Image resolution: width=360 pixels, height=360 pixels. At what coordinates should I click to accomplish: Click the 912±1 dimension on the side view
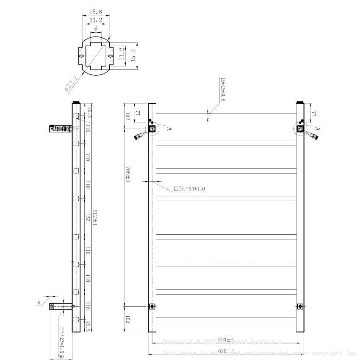[95, 217]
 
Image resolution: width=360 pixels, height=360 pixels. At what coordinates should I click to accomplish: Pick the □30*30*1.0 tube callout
[190, 189]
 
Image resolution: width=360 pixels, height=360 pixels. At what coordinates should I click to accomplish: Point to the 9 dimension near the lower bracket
[39, 302]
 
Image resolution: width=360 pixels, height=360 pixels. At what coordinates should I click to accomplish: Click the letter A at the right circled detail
[317, 129]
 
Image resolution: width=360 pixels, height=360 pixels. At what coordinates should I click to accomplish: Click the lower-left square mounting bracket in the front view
[152, 306]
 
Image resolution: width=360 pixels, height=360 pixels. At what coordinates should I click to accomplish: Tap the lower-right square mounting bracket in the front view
[300, 306]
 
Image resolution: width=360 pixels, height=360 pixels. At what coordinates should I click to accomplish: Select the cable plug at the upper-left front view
[139, 136]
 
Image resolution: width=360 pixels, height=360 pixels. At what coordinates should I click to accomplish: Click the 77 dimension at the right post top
[314, 114]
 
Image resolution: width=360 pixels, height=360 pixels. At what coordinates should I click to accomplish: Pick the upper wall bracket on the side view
[58, 129]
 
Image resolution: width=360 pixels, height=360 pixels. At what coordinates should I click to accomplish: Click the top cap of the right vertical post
[300, 102]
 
